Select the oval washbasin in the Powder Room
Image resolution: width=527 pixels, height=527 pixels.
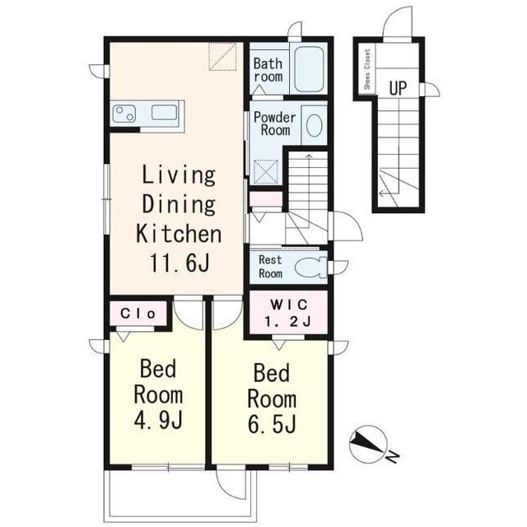315,125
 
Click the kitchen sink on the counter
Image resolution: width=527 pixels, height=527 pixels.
164,112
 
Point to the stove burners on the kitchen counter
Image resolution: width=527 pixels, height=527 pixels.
124,114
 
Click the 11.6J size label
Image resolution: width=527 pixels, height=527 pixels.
180,263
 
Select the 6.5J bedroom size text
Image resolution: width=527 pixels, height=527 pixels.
273,424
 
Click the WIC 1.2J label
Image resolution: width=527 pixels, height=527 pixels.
288,313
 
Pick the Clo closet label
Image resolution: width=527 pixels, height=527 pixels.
138,314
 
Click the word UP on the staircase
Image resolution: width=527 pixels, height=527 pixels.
398,88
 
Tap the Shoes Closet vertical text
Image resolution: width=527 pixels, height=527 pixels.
367,69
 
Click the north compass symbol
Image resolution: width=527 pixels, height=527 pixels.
368,444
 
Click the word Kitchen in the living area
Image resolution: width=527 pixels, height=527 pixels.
179,234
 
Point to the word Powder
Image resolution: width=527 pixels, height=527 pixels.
274,117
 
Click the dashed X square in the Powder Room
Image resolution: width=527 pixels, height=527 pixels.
266,172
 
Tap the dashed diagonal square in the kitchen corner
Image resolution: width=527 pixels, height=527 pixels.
222,57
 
